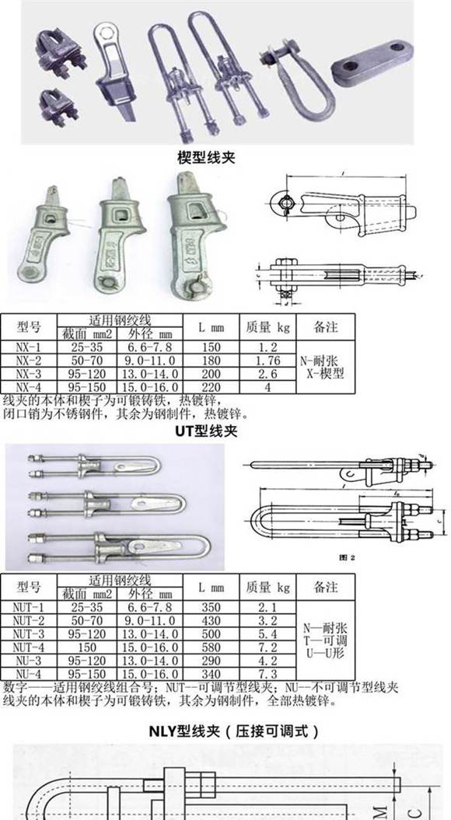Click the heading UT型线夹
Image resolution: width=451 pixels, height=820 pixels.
pos(205,430)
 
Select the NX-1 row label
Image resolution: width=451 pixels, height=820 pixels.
pos(28,347)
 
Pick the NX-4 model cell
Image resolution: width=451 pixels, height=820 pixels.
pos(28,386)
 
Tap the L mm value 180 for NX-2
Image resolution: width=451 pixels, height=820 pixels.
pos(210,360)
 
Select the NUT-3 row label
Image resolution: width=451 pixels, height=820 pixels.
pos(30,633)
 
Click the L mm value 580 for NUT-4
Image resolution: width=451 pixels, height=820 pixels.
pos(210,647)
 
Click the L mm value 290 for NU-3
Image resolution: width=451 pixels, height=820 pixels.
pos(210,660)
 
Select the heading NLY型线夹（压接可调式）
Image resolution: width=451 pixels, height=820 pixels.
pos(233,731)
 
